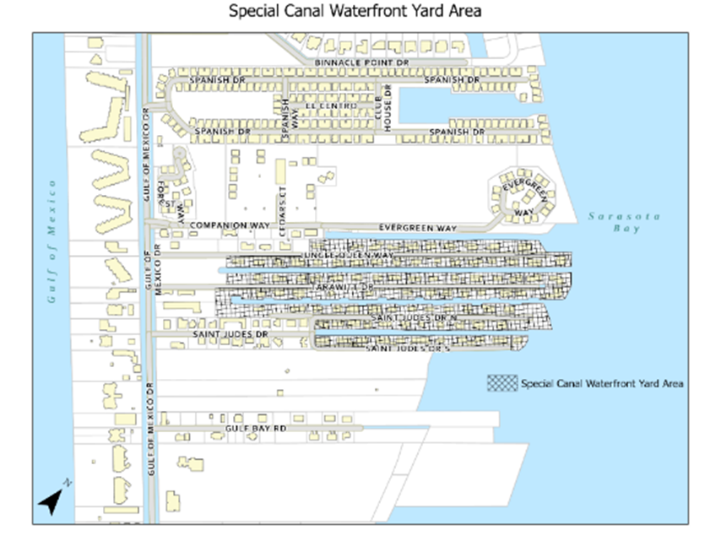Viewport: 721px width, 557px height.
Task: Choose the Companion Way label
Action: (x=229, y=225)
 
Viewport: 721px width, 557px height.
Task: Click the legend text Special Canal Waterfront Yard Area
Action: (x=602, y=383)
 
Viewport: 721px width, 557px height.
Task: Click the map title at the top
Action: (x=360, y=12)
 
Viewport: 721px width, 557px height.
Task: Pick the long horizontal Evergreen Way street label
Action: (x=417, y=227)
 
